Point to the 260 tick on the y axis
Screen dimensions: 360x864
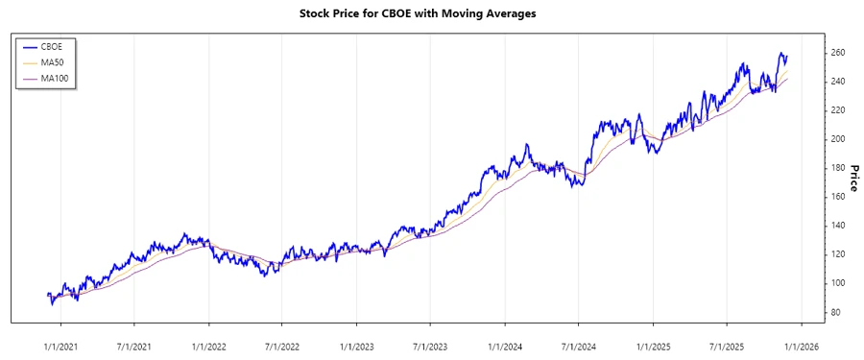[838, 53]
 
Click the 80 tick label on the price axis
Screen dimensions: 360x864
[835, 312]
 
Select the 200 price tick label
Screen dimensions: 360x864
[838, 139]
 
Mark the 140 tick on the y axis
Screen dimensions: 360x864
[838, 226]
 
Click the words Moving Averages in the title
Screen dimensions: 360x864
[490, 13]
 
